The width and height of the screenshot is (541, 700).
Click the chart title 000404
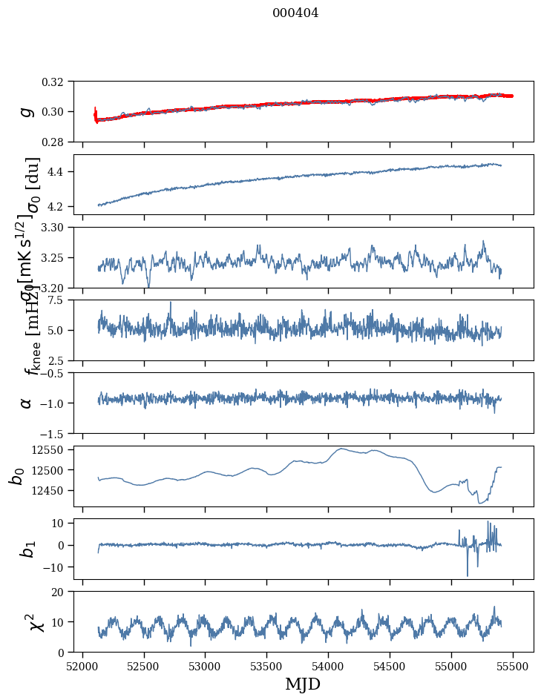tap(295, 13)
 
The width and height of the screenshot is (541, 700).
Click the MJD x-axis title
tap(303, 684)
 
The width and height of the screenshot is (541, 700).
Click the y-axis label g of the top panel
tap(27, 111)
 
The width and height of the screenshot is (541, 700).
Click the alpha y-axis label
tap(27, 403)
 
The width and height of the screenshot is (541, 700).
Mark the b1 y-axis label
tap(27, 549)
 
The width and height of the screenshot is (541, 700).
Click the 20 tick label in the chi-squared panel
tap(63, 592)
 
